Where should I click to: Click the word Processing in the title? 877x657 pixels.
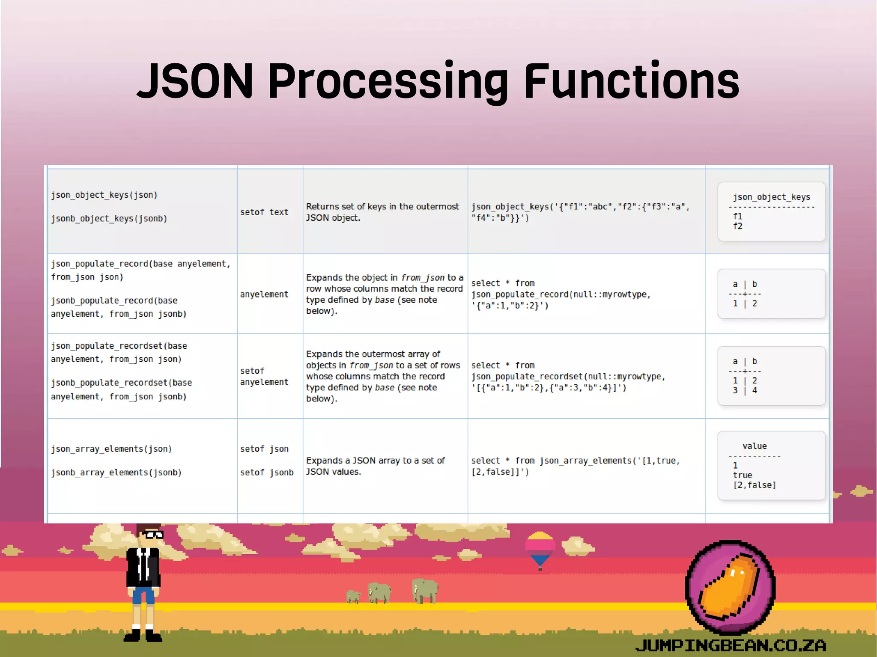(388, 81)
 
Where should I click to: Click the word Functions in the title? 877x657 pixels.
(632, 81)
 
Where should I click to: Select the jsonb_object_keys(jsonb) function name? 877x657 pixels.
(109, 219)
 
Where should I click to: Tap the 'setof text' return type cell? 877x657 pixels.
(264, 212)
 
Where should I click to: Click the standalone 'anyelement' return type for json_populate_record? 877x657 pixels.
(264, 294)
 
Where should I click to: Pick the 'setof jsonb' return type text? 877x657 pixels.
(267, 473)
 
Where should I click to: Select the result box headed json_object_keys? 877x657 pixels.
(771, 211)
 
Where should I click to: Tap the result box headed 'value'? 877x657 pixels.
(771, 465)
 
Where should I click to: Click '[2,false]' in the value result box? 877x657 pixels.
(755, 485)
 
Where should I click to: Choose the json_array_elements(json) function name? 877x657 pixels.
(111, 449)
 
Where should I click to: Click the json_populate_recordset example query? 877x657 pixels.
(568, 377)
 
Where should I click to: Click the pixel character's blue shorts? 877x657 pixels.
(143, 595)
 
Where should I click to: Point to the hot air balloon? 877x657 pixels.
(540, 548)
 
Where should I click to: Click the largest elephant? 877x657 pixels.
(425, 591)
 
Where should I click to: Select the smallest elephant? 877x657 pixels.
(353, 596)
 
